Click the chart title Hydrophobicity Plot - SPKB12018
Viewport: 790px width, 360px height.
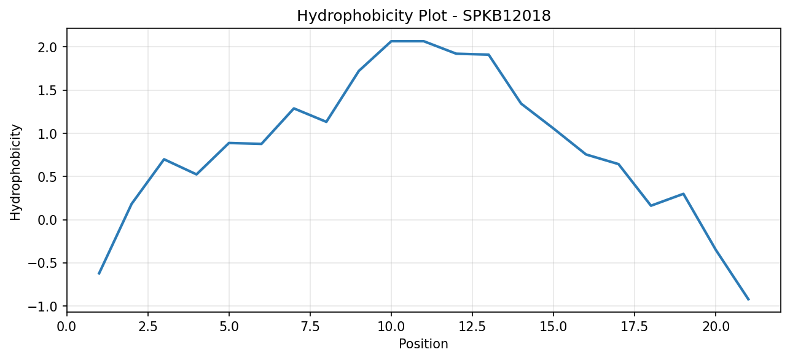pyautogui.click(x=424, y=16)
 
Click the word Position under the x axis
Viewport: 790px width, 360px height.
pyautogui.click(x=423, y=344)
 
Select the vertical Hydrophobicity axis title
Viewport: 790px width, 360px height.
pyautogui.click(x=15, y=173)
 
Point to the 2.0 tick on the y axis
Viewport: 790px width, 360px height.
pyautogui.click(x=48, y=47)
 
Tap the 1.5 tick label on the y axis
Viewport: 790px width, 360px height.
pyautogui.click(x=48, y=91)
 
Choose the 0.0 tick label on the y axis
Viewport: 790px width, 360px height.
pyautogui.click(x=48, y=220)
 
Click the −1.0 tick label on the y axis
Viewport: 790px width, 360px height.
pyautogui.click(x=42, y=307)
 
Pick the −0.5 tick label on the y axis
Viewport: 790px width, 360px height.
pyautogui.click(x=42, y=263)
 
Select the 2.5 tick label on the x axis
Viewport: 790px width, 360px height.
pyautogui.click(x=148, y=327)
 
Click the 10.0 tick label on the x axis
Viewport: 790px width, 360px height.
pyautogui.click(x=391, y=327)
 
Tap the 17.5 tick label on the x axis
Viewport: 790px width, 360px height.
pyautogui.click(x=635, y=327)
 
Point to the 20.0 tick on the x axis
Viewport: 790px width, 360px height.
pyautogui.click(x=716, y=327)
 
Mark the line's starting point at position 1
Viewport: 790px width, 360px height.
pyautogui.click(x=99, y=273)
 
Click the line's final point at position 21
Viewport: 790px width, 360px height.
pyautogui.click(x=748, y=300)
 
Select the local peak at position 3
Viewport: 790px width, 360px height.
pyautogui.click(x=164, y=159)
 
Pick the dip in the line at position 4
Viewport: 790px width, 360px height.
pyautogui.click(x=197, y=174)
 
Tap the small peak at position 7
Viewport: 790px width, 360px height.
pyautogui.click(x=294, y=109)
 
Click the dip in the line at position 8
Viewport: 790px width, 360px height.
pyautogui.click(x=326, y=122)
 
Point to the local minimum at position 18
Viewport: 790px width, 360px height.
pyautogui.click(x=651, y=206)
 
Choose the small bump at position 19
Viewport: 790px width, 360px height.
pyautogui.click(x=683, y=194)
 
